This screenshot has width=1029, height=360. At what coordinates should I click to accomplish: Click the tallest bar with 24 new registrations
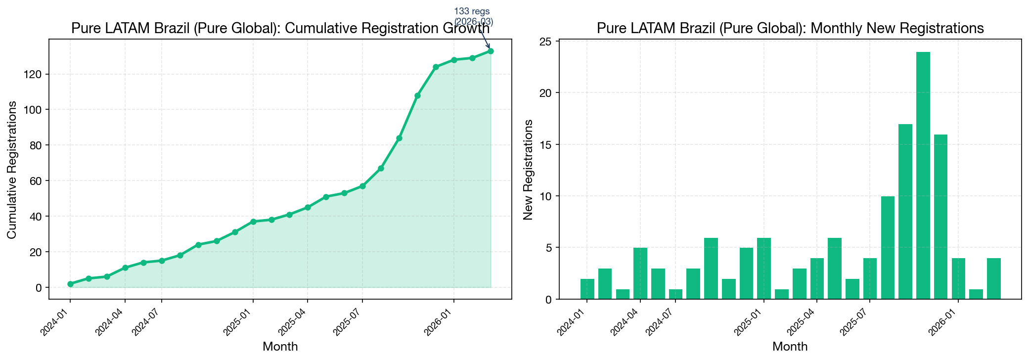(x=923, y=176)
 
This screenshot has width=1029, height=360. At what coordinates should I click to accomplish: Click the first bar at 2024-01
(x=587, y=289)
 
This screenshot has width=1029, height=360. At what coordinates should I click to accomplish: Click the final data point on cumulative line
(x=491, y=51)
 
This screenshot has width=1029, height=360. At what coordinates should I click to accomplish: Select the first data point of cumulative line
(x=70, y=284)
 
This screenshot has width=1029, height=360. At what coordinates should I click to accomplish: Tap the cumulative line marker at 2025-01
(x=253, y=222)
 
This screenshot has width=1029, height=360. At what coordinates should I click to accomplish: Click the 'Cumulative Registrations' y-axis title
(x=12, y=170)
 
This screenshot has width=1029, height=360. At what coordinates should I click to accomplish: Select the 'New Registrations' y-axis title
(x=528, y=170)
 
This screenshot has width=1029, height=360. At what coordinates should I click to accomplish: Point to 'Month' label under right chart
(x=790, y=347)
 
